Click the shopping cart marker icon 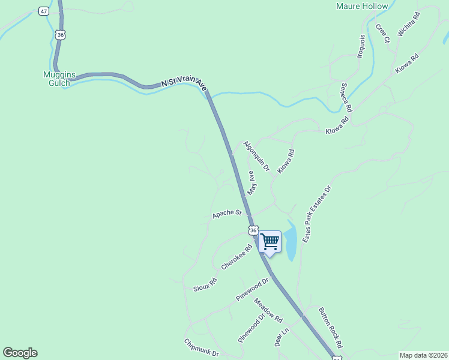click(x=270, y=242)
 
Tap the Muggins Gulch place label click(x=59, y=79)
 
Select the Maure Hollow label click(x=361, y=7)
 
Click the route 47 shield click(x=43, y=11)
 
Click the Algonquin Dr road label click(x=256, y=154)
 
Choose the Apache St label click(x=226, y=213)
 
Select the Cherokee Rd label click(x=237, y=257)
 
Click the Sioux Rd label click(x=205, y=284)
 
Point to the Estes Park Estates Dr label click(x=318, y=214)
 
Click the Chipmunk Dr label click(x=201, y=348)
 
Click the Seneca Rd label click(x=346, y=97)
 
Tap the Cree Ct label click(x=382, y=33)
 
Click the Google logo click(x=20, y=353)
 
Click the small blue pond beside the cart click(x=291, y=243)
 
